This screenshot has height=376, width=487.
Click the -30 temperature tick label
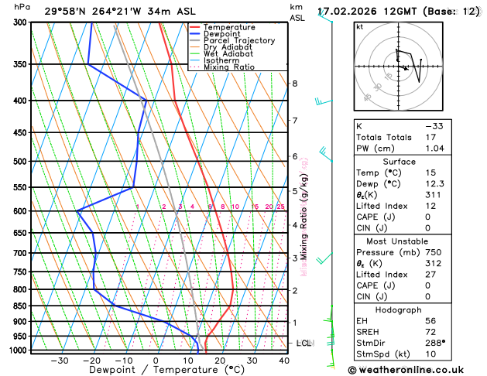click(x=60, y=361)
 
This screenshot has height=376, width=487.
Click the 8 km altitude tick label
click(x=295, y=84)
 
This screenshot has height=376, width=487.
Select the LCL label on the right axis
click(x=304, y=342)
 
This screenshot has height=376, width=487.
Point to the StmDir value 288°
click(x=437, y=343)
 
